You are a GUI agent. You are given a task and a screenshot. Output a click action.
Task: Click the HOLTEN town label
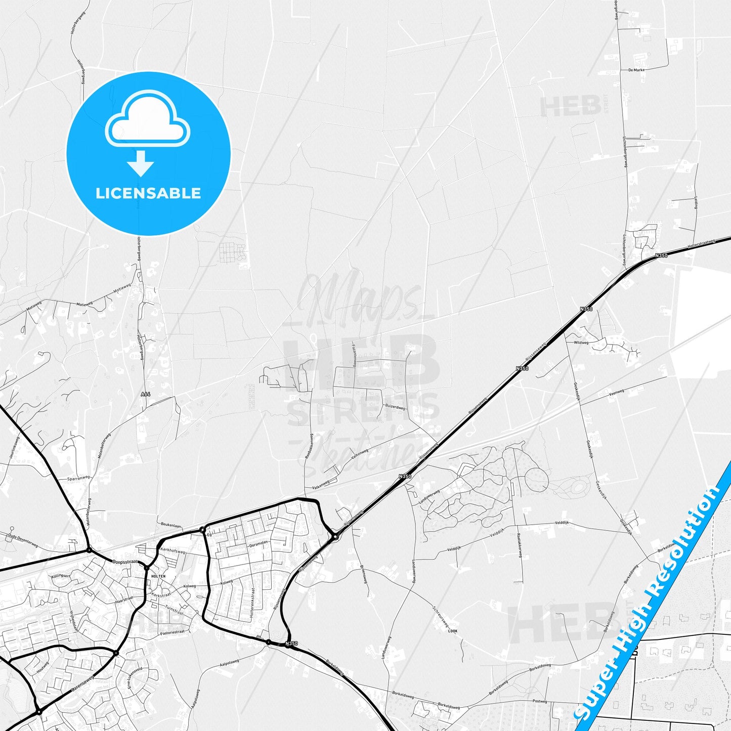click(158, 576)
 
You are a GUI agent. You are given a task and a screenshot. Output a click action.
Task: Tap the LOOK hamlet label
click(453, 631)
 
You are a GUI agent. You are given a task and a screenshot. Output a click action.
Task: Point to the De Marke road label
click(636, 70)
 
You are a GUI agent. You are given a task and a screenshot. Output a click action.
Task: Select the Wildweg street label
click(581, 342)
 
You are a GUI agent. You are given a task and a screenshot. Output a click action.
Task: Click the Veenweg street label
click(617, 392)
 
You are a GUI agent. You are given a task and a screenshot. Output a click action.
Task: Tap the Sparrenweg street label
click(78, 478)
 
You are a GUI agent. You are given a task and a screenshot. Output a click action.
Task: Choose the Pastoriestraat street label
click(173, 632)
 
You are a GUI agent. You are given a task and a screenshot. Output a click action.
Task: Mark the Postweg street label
click(540, 701)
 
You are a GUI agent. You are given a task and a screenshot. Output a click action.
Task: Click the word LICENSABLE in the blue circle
click(148, 193)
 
